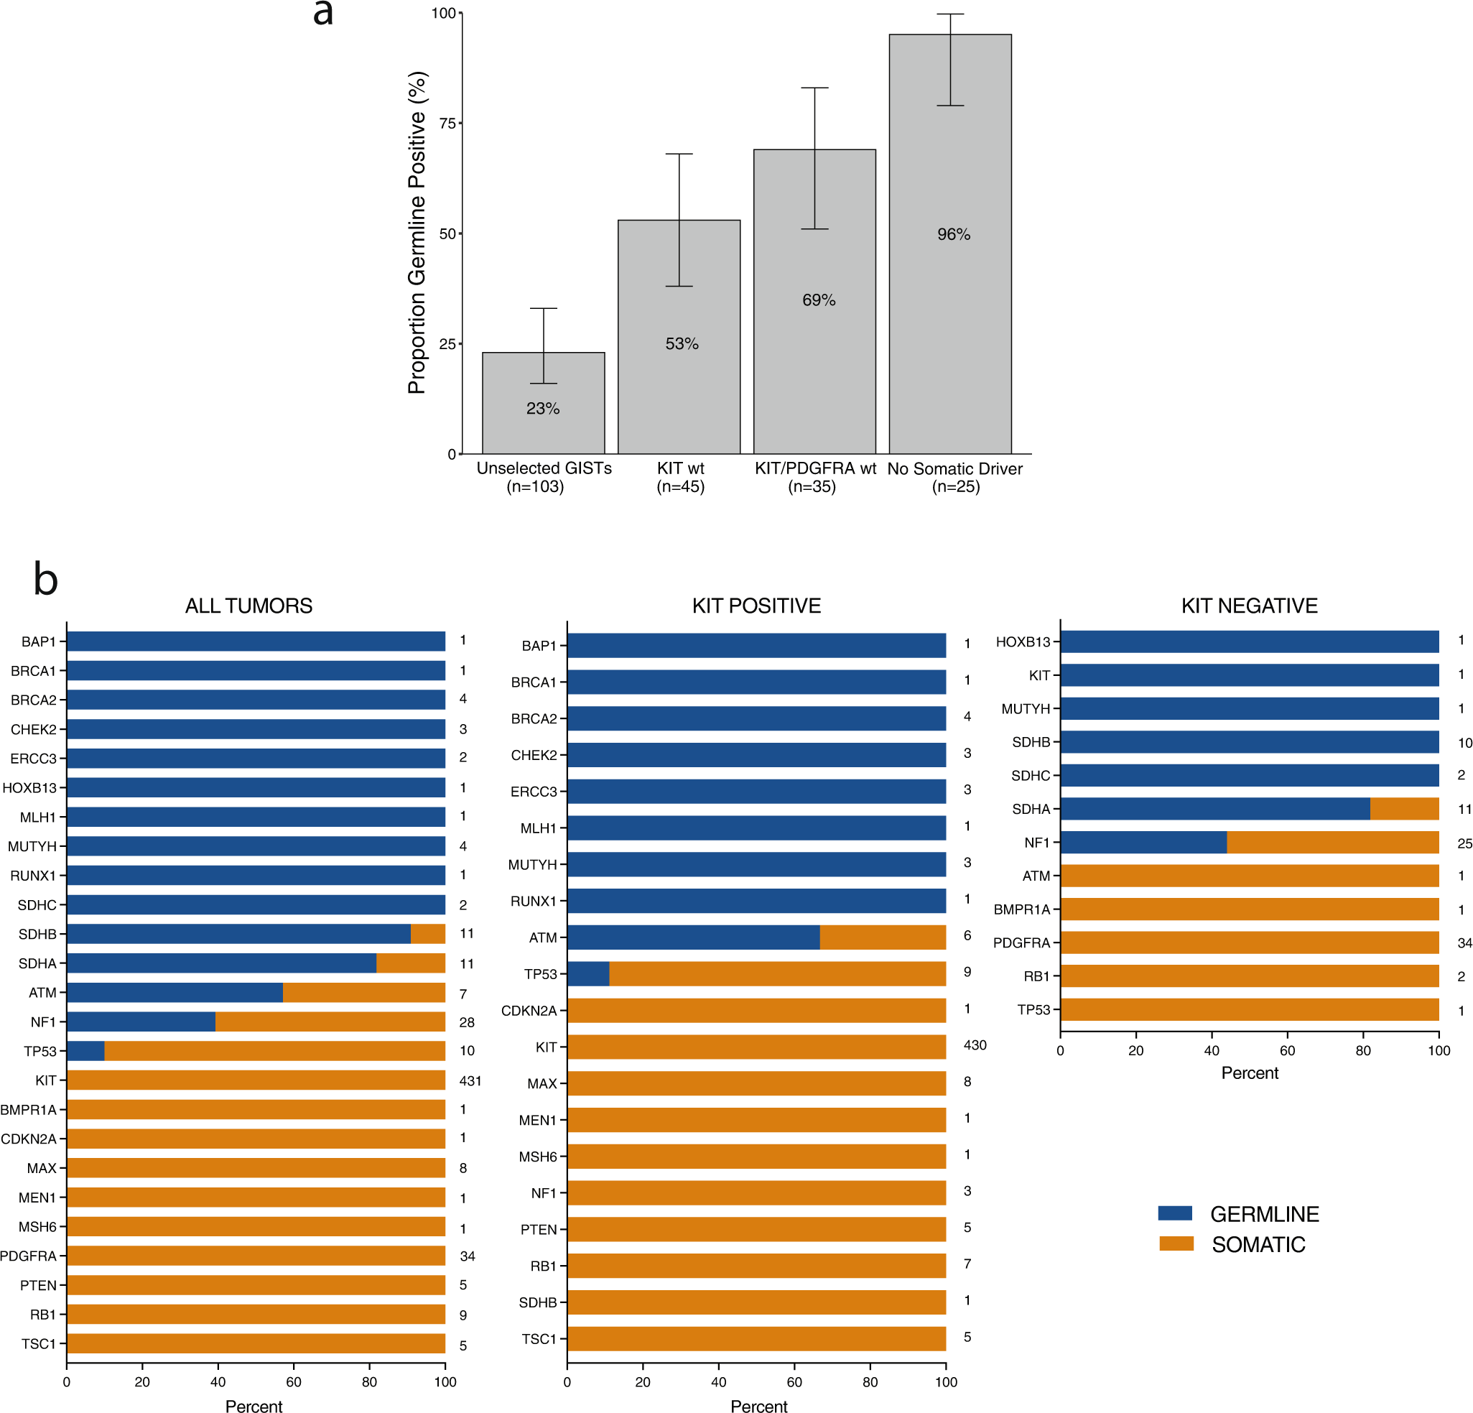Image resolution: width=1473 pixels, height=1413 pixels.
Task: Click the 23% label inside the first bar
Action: tap(543, 408)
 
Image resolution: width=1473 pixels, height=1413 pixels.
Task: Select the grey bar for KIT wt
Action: tap(679, 376)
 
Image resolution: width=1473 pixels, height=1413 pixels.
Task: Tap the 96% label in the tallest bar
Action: tap(953, 234)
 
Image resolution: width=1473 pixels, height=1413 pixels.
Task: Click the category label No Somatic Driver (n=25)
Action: tap(954, 477)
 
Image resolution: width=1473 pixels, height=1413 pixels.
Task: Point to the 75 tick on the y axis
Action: tap(448, 124)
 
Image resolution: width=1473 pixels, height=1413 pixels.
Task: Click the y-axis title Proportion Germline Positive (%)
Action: tap(417, 233)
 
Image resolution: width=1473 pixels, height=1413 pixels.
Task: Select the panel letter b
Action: tap(45, 580)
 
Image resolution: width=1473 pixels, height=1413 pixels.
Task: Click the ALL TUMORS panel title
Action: tap(248, 606)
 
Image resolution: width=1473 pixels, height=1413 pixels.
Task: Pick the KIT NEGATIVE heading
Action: tap(1249, 606)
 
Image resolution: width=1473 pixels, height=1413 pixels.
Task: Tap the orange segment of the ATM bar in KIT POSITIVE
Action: tap(883, 937)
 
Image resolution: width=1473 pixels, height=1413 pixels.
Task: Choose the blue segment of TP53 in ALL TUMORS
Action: tap(85, 1051)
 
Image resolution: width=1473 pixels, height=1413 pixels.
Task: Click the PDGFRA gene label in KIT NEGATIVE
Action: tap(1021, 942)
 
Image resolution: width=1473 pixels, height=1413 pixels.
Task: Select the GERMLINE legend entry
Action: tap(1264, 1214)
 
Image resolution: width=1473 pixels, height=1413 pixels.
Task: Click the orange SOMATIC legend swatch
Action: tap(1176, 1244)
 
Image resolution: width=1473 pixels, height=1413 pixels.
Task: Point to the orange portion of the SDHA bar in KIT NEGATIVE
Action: tap(1404, 809)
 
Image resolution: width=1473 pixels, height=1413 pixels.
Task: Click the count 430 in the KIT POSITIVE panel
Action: tap(975, 1044)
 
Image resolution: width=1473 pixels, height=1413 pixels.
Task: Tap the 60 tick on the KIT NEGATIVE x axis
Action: tap(1288, 1051)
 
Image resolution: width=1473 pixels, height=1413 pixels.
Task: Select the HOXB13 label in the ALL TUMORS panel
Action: tap(29, 787)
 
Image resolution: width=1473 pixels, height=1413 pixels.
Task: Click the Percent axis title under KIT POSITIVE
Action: tap(758, 1407)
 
